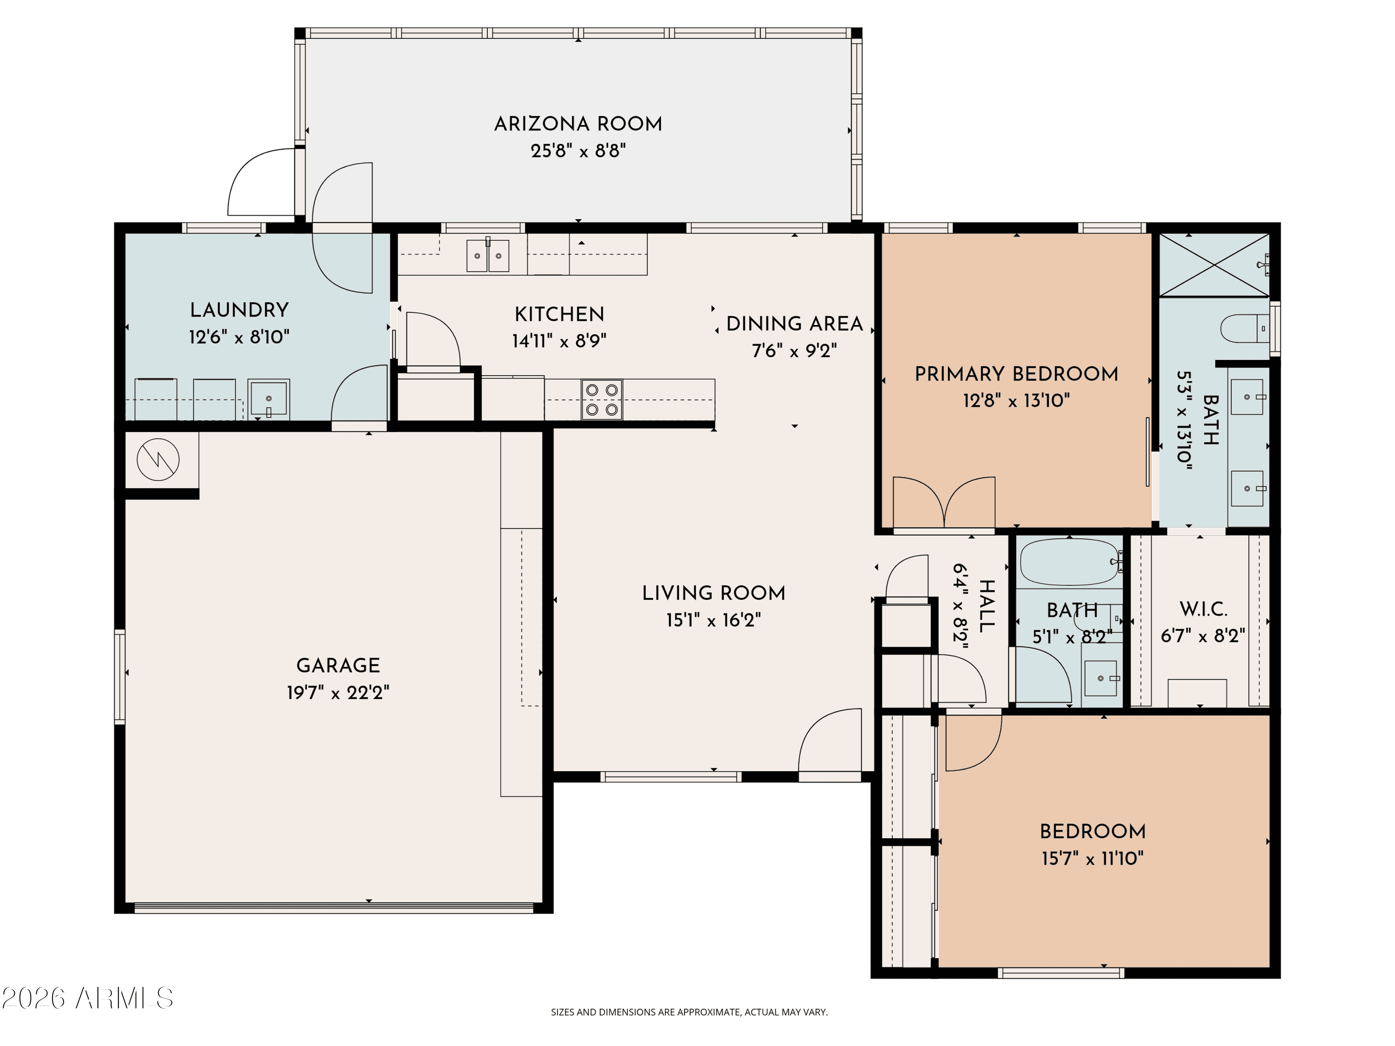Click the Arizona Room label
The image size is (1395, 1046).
tap(578, 124)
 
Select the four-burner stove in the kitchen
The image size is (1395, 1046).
tap(602, 400)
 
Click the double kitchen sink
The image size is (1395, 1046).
tap(487, 255)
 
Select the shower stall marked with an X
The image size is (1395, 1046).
tap(1214, 265)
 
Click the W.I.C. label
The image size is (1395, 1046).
tap(1203, 609)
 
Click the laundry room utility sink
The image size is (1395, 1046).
tap(269, 399)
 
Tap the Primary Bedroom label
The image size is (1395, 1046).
tap(1016, 374)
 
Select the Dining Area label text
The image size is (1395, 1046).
tap(795, 324)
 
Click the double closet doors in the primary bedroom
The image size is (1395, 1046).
tap(944, 502)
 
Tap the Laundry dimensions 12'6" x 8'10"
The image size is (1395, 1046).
tap(239, 337)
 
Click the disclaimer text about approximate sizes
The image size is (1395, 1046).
tap(689, 1012)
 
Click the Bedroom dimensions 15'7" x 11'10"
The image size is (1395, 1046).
tap(1092, 858)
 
